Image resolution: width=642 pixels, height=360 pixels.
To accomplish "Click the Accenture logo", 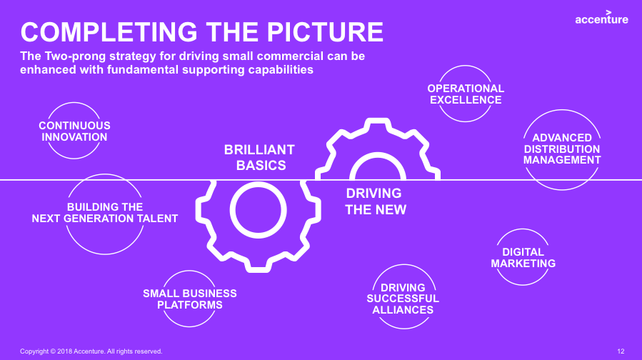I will (x=601, y=18).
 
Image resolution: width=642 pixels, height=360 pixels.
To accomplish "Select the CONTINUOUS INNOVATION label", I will (x=74, y=131).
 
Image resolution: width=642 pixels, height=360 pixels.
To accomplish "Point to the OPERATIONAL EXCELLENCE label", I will (x=466, y=94).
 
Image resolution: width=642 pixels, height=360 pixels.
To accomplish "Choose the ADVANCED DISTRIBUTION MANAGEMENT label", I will (x=562, y=149).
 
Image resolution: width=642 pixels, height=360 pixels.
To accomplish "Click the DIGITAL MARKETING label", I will (x=523, y=258).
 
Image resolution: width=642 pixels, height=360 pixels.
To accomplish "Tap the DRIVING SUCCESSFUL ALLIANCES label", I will (x=403, y=299).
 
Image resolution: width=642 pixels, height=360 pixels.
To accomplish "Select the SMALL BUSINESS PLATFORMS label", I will (x=190, y=299).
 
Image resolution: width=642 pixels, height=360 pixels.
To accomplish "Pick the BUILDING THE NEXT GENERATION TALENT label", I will (x=105, y=213).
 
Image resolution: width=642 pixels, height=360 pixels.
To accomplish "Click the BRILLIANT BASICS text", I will (x=260, y=158).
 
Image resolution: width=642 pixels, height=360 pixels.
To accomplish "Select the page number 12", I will (x=621, y=351).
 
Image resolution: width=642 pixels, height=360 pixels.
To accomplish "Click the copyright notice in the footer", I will (x=91, y=351).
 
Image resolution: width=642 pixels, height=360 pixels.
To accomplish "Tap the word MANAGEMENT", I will (x=562, y=160).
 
